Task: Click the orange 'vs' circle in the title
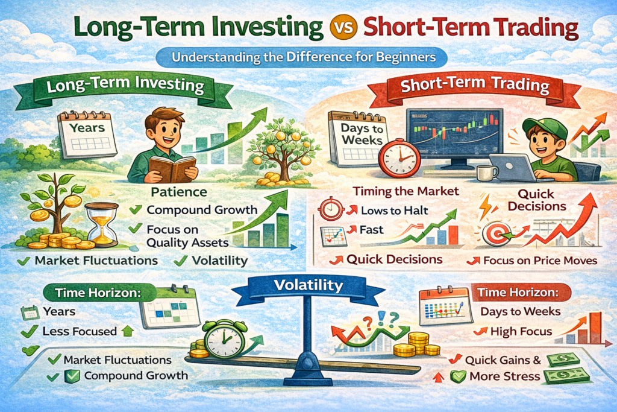[344, 28]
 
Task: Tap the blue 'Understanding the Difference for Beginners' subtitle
[302, 58]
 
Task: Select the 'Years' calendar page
[87, 135]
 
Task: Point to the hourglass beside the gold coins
[102, 224]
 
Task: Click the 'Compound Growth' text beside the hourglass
[202, 210]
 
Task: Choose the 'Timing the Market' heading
[406, 191]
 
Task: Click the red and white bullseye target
[497, 234]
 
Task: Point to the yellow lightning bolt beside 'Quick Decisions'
[485, 206]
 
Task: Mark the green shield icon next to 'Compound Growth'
[72, 376]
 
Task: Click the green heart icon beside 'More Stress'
[458, 377]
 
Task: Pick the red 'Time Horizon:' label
[518, 293]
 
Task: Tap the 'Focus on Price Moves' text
[540, 261]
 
